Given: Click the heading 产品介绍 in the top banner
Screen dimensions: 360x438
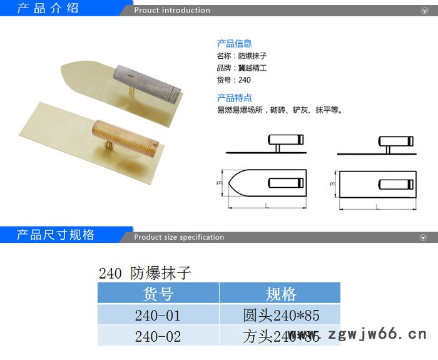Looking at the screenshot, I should (48, 9).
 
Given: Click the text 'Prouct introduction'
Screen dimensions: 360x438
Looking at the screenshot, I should (172, 10).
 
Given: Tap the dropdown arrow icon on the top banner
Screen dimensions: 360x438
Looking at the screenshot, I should (424, 11).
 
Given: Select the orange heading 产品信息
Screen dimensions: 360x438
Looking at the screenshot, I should (234, 44).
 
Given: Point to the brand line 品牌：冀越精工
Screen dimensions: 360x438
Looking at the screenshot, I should (242, 68).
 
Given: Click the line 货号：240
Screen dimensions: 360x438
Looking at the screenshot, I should (233, 80).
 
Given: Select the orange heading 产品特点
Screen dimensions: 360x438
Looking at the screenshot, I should (234, 98).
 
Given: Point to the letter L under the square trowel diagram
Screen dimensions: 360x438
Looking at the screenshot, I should (377, 206).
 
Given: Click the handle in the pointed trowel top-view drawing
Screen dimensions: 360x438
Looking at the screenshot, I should (285, 182).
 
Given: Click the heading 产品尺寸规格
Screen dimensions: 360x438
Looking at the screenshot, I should (56, 235).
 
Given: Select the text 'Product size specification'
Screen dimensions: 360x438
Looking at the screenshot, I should (179, 237).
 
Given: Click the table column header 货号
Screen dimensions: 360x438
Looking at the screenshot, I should (158, 293).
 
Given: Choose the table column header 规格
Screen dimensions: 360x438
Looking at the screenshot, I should (280, 293).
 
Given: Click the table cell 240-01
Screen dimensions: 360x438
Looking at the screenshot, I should (158, 314).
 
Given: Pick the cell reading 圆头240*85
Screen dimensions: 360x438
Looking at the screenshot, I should (280, 314).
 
